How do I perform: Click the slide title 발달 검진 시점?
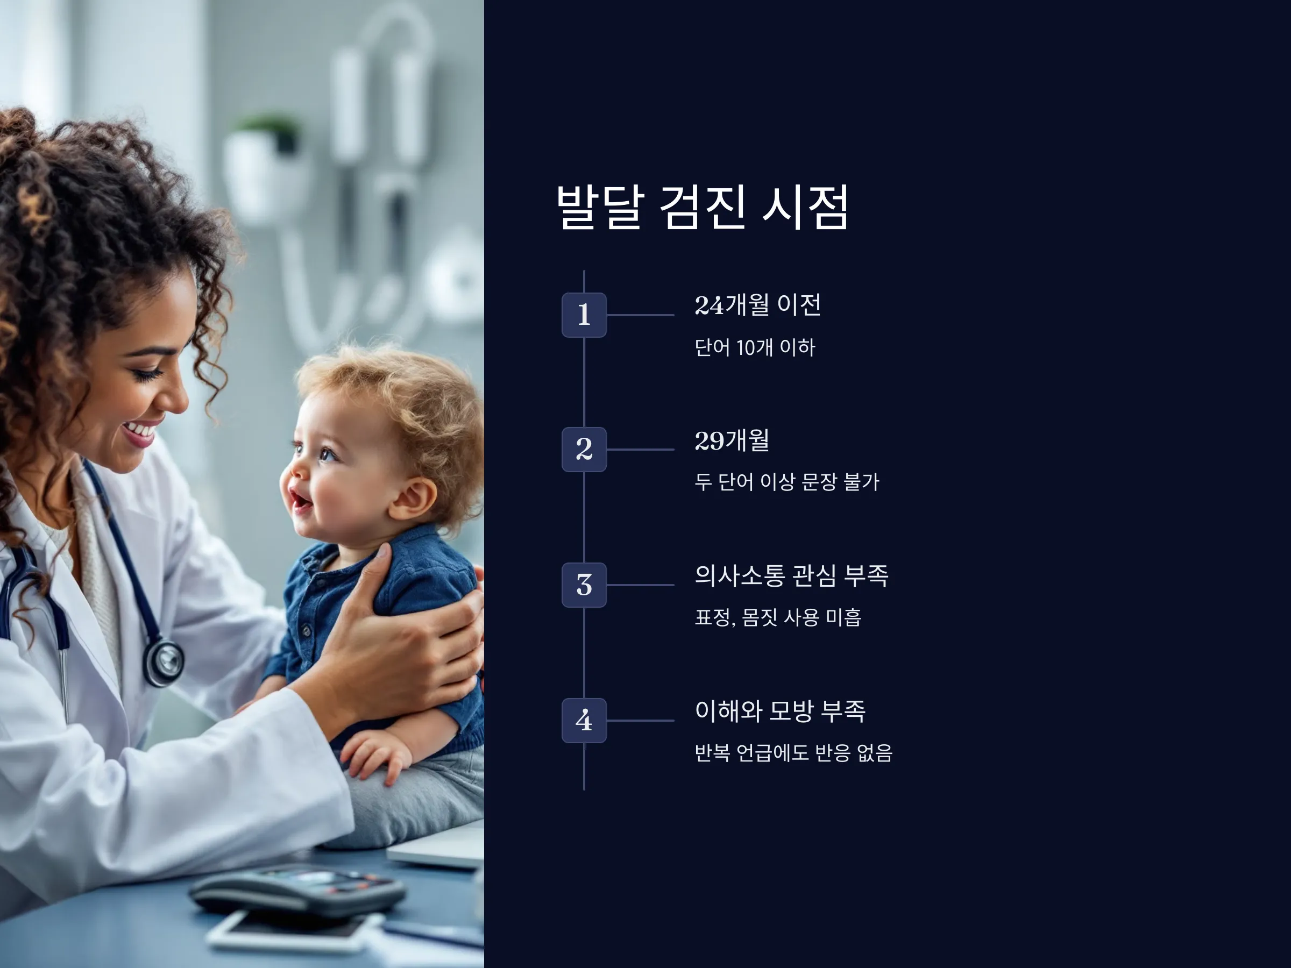(x=703, y=207)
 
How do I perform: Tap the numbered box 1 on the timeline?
(x=584, y=315)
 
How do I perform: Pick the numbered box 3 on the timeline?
(x=584, y=585)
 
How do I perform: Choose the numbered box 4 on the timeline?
(x=584, y=721)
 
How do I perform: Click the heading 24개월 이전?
(x=757, y=305)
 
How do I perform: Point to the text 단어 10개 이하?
(x=754, y=348)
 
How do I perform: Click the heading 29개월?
(x=732, y=440)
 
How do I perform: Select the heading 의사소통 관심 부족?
(x=791, y=576)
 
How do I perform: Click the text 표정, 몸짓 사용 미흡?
(x=778, y=617)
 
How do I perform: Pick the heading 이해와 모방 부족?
(x=780, y=711)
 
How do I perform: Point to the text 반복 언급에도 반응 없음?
(x=793, y=753)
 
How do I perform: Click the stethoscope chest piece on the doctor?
(x=164, y=663)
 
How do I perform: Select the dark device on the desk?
(x=297, y=891)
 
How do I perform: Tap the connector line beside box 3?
(x=640, y=585)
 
